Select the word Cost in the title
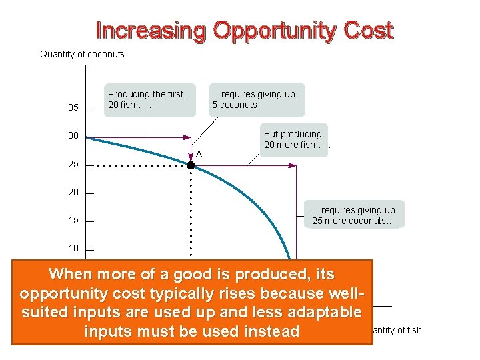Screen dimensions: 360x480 [370, 31]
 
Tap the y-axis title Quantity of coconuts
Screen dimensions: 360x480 [82, 54]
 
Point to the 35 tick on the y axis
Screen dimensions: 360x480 [73, 108]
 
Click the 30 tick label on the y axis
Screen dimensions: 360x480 [73, 136]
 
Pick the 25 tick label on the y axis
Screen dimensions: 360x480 [73, 164]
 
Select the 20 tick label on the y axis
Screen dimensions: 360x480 [73, 192]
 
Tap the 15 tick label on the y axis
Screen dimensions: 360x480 [73, 220]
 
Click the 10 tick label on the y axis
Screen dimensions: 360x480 [73, 248]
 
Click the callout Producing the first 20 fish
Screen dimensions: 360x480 [145, 99]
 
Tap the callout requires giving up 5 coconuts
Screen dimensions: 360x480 [253, 99]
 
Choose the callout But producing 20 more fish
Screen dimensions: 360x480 [294, 139]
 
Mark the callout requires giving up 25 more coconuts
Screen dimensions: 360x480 [354, 215]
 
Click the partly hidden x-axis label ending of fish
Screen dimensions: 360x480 [397, 330]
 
